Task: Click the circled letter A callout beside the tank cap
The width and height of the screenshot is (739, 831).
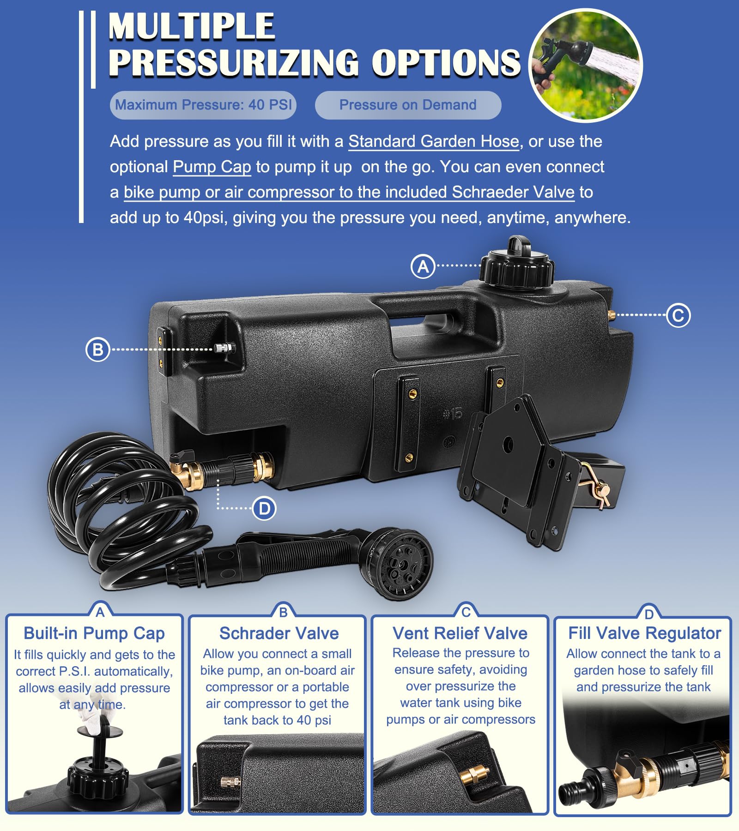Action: coord(423,266)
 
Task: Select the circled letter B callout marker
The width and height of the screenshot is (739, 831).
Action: coord(97,349)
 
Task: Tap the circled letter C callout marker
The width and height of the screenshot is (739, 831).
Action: coord(678,315)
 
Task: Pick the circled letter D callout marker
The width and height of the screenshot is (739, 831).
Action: coord(264,509)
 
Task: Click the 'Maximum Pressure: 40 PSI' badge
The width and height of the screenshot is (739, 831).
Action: coord(203,105)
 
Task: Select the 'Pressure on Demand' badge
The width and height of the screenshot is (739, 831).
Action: coord(408,105)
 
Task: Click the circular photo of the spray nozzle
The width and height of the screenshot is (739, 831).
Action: coord(586,66)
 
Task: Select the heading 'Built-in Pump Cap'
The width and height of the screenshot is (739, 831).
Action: coord(94,633)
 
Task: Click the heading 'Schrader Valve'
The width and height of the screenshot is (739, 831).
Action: coord(279,633)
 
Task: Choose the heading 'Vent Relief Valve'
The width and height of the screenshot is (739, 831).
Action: coord(460,633)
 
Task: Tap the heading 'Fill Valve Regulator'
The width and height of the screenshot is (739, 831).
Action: coord(645,633)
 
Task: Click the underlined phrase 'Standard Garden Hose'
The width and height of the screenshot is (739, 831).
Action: coord(434,141)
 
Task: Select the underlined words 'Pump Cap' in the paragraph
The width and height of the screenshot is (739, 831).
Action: coord(212,167)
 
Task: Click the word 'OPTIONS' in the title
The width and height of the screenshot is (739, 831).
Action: coord(446,62)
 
